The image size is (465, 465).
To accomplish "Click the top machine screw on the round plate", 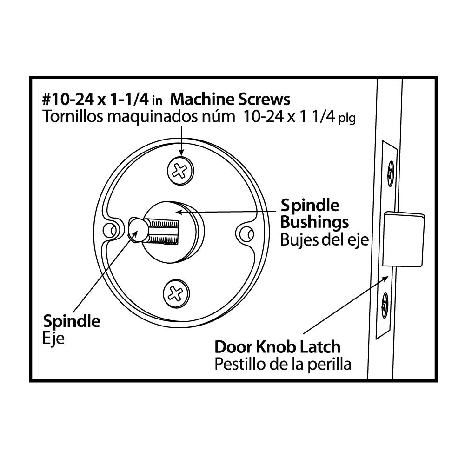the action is click(180, 171).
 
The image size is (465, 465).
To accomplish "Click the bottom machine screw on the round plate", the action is click(176, 293).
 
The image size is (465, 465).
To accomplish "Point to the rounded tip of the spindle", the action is click(137, 230).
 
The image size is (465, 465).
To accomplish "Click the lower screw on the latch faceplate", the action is click(385, 305).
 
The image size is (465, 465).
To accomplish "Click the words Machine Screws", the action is click(230, 99).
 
